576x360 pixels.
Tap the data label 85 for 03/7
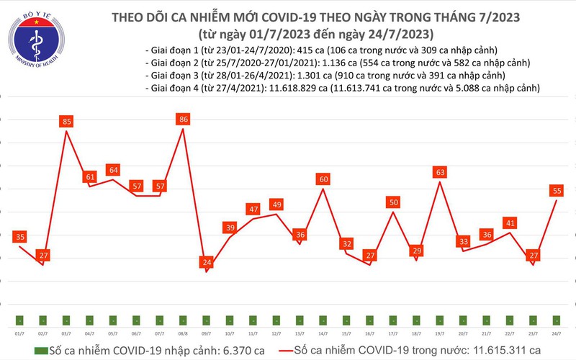[67, 122]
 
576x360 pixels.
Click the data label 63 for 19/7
[439, 172]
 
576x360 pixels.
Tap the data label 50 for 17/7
[392, 202]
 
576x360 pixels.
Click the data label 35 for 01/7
[20, 237]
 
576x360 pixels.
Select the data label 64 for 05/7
[113, 170]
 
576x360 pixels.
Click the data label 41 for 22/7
[508, 223]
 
